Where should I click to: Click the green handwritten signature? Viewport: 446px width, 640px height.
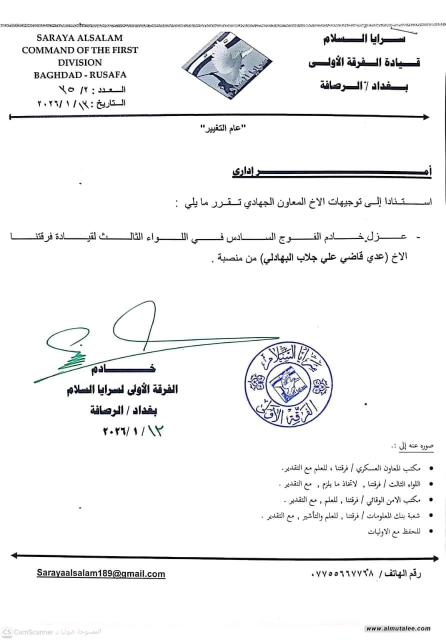(125, 340)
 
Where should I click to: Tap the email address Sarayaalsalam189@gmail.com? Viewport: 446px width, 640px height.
(100, 574)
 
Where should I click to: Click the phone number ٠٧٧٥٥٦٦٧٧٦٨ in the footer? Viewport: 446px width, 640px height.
(345, 574)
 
